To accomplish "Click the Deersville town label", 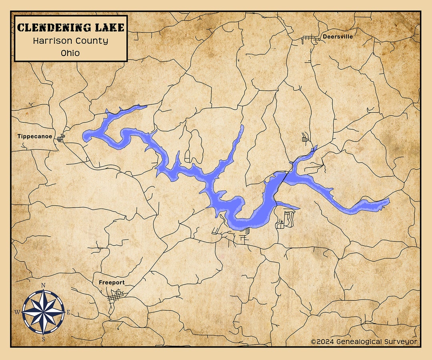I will [338, 36].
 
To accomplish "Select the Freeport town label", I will [112, 282].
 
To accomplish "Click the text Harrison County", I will [71, 41].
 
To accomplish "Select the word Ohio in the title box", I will [71, 53].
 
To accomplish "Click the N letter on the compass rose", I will [43, 285].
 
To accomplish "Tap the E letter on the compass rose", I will [68, 312].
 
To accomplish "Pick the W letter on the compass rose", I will [17, 312].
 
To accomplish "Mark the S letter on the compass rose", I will [43, 339].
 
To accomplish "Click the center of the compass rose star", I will [43, 312].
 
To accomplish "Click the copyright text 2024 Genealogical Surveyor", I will [364, 342].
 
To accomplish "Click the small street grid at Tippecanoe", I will [60, 138].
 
